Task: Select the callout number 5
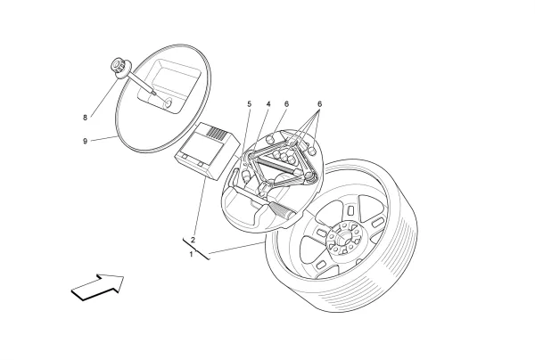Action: [x=250, y=103]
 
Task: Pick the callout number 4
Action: [x=267, y=103]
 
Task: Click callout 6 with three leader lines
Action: [x=319, y=103]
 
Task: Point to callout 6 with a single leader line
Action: [x=286, y=103]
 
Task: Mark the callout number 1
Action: [x=191, y=254]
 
